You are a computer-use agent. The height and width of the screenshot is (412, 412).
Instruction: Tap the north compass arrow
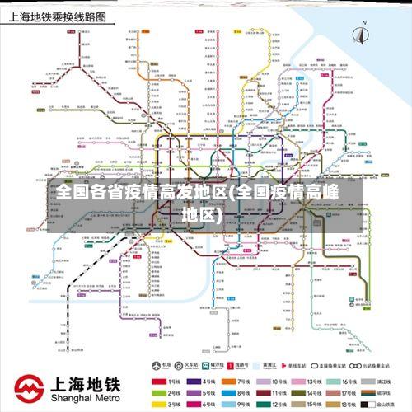pos(360,35)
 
